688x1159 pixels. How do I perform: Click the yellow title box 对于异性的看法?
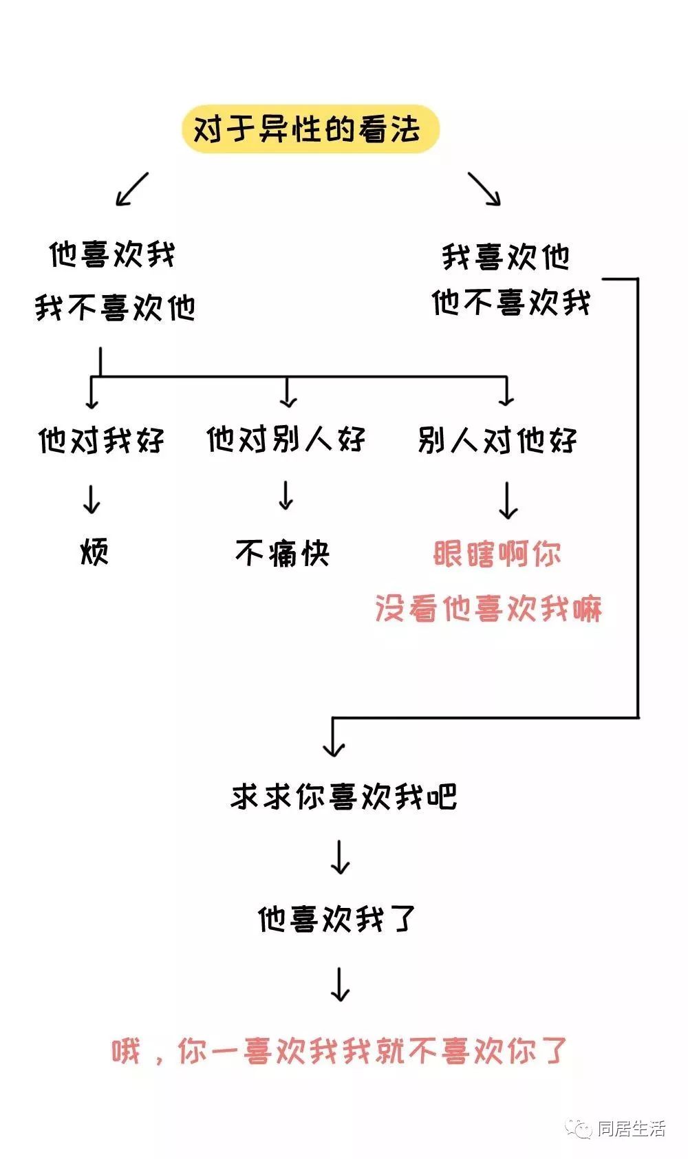(310, 129)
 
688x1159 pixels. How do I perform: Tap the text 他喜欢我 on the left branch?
(112, 254)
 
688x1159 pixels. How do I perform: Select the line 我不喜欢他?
(115, 307)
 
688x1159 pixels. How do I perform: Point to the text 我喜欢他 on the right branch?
(506, 257)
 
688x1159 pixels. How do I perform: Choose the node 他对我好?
(101, 440)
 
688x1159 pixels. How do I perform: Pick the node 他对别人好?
(286, 439)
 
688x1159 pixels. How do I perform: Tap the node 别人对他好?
(497, 440)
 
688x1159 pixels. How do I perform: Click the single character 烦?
(94, 552)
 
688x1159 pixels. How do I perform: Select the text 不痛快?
(283, 552)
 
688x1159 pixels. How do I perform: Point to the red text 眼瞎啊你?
(497, 554)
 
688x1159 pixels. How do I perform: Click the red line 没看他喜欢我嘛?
(488, 609)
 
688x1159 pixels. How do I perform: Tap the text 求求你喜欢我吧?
(344, 797)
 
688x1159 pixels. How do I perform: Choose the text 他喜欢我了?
(337, 919)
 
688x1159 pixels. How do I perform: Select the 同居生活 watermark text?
(632, 1129)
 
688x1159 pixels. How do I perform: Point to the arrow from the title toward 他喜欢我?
(132, 189)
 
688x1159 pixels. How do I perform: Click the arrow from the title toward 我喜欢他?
(484, 189)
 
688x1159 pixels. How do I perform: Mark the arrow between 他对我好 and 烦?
(92, 499)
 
